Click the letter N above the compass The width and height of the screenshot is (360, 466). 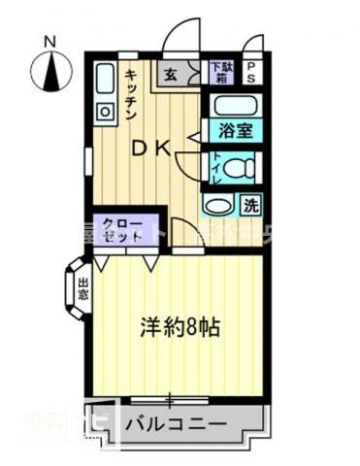(50, 40)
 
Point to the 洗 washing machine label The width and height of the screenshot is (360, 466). (250, 206)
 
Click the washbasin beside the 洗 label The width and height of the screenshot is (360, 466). (220, 206)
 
